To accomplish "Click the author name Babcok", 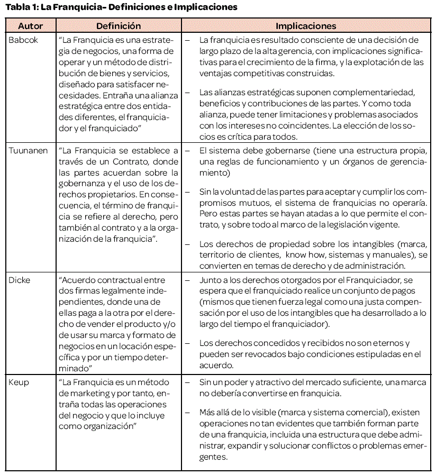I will click(x=23, y=40).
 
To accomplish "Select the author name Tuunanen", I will click(x=28, y=151).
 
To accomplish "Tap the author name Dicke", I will click(x=20, y=280).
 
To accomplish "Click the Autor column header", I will click(x=30, y=26).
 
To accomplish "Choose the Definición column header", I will click(x=119, y=26).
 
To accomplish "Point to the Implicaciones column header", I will click(x=306, y=26).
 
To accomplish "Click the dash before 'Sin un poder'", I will click(x=188, y=381).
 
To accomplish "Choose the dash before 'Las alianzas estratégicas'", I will click(x=188, y=93).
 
